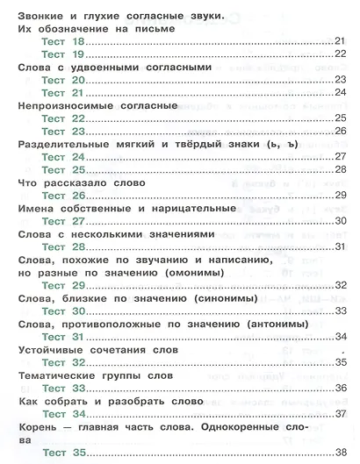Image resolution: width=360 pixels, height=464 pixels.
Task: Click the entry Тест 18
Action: click(x=65, y=41)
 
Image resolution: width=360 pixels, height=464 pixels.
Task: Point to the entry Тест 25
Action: click(x=65, y=169)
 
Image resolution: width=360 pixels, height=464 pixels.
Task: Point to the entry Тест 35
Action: click(x=65, y=453)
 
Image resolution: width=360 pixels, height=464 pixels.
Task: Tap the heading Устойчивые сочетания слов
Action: click(x=98, y=350)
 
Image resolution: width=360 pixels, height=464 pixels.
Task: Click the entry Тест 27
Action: click(x=65, y=221)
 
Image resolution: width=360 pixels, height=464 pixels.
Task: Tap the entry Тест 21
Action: click(x=65, y=92)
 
